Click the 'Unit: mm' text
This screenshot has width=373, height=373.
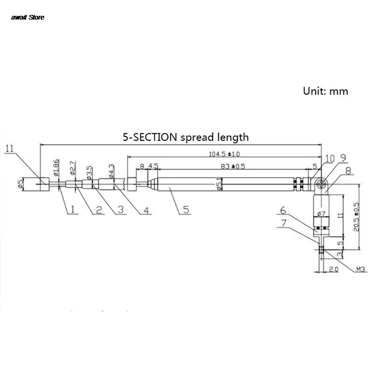pos(325,91)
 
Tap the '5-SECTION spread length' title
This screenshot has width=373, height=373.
pos(186,137)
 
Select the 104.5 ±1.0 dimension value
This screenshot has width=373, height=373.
pos(225,154)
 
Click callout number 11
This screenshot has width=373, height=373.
pos(10,149)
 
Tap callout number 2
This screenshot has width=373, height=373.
pos(98,210)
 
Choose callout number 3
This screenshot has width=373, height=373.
pos(122,210)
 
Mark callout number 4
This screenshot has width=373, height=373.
pos(146,210)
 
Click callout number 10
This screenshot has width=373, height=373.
pos(330,159)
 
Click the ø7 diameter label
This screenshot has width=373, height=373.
pos(321,214)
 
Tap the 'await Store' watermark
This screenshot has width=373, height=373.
pos(28,17)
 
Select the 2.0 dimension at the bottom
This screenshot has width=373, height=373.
pos(332,269)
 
